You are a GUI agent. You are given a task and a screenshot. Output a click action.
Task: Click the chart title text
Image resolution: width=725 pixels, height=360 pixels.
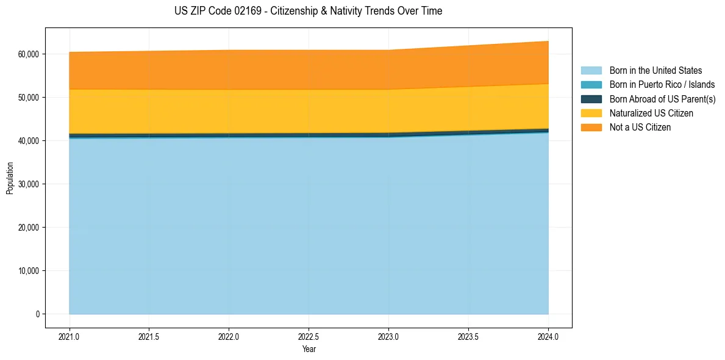tap(308, 11)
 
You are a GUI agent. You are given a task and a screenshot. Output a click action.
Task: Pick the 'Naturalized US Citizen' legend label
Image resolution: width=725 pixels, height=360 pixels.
tap(651, 113)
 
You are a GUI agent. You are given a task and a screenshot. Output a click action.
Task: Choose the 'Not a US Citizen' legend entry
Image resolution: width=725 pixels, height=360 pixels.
tap(640, 128)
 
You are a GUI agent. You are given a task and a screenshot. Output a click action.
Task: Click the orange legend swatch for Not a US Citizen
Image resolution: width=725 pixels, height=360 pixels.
tap(591, 128)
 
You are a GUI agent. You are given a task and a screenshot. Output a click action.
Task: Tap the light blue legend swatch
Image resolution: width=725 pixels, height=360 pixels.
tap(591, 71)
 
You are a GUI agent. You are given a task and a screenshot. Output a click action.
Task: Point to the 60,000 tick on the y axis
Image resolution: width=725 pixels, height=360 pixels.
tap(28, 54)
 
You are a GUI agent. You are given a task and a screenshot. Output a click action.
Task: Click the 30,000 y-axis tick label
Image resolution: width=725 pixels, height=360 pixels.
tap(28, 184)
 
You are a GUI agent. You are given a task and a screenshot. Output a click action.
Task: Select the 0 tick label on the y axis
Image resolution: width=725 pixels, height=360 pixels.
tap(37, 314)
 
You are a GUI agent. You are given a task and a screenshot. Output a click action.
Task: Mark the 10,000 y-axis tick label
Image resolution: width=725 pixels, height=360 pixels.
tap(28, 271)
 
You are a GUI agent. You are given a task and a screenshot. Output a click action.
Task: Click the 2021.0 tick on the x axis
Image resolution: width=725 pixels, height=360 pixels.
tap(70, 336)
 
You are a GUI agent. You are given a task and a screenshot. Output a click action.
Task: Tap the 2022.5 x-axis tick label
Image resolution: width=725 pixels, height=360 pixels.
tap(309, 336)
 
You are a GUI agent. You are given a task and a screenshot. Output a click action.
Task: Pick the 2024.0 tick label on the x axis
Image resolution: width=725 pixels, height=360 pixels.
tap(548, 336)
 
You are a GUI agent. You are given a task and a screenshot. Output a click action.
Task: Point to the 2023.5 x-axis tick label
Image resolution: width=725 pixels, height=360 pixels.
tap(468, 336)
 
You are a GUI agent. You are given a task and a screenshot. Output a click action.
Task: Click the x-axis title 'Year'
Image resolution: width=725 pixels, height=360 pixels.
tap(309, 349)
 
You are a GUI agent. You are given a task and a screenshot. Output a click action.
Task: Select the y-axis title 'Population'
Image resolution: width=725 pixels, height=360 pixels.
tap(10, 178)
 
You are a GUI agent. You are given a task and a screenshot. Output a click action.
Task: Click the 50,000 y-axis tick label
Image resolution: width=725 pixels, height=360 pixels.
tap(28, 98)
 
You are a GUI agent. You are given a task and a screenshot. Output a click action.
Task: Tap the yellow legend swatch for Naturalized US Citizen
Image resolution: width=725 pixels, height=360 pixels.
tap(591, 113)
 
